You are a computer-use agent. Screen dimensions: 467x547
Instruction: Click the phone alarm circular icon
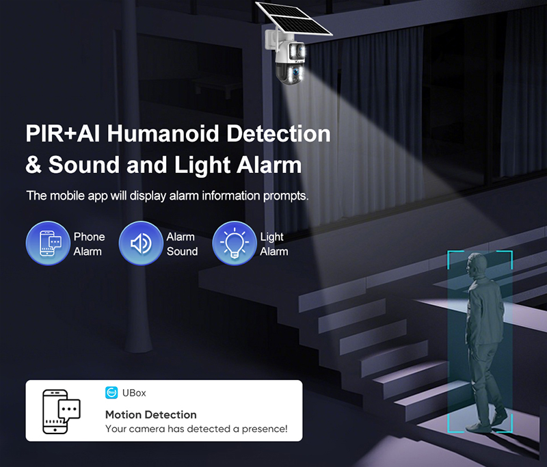coord(48,243)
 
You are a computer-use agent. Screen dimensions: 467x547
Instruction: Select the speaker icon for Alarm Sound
coord(140,243)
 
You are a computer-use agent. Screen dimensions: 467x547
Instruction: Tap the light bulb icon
coord(234,243)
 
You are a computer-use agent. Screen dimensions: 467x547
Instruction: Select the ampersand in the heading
coord(35,165)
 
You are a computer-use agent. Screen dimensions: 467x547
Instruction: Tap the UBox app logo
coord(111,392)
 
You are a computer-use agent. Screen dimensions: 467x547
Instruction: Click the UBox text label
coord(134,393)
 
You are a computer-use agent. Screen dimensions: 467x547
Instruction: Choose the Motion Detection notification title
coord(150,414)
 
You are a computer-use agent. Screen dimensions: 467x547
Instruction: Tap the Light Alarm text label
coord(273,244)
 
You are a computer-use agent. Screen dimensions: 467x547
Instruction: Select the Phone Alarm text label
coord(89,244)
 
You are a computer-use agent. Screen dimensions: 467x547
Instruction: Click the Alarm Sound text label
coord(182,244)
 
